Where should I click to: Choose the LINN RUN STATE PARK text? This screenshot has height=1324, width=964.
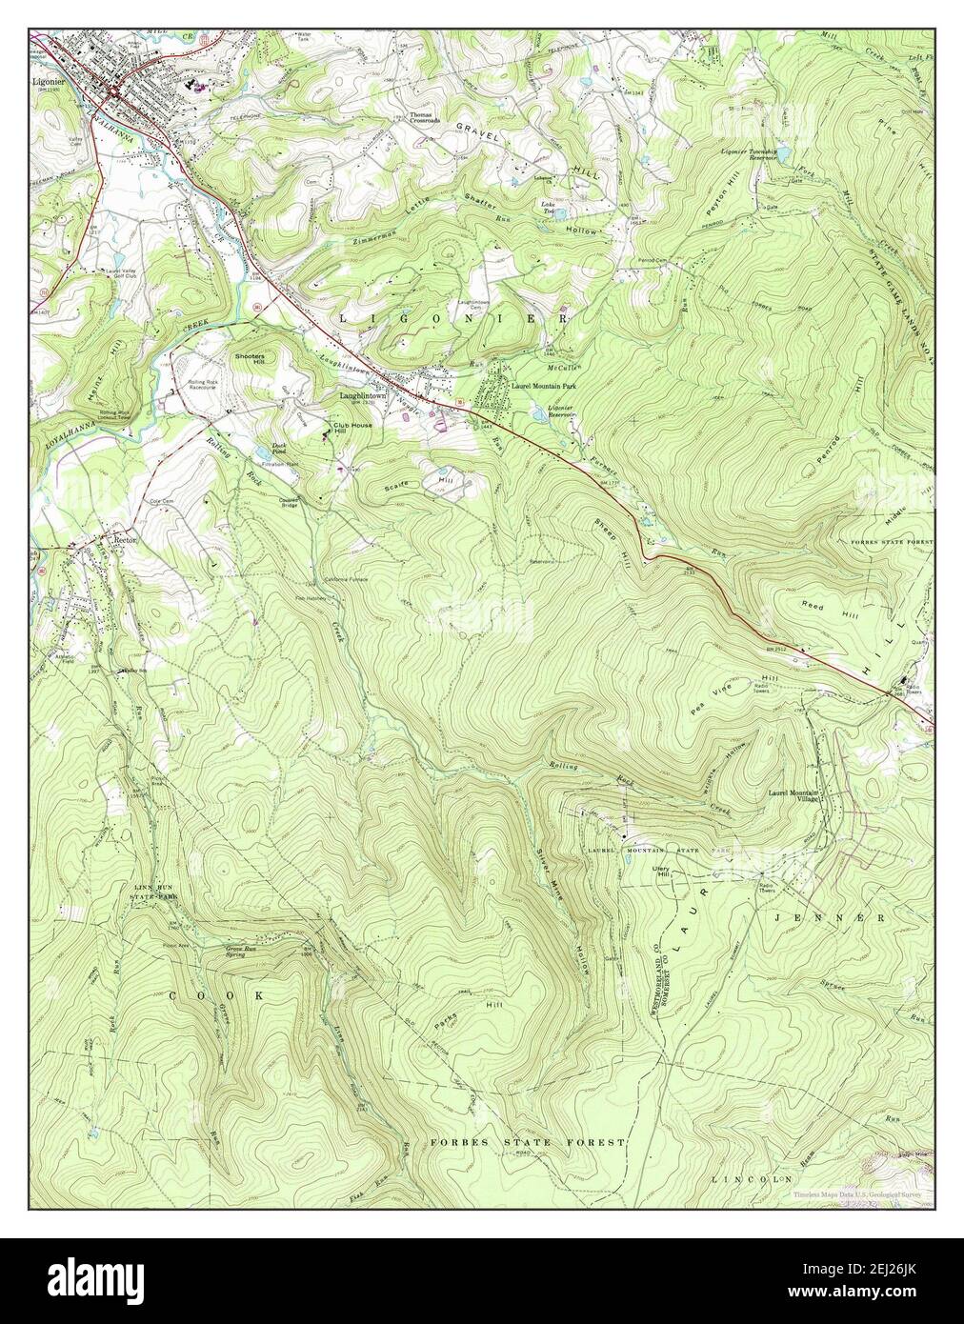coord(155,892)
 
